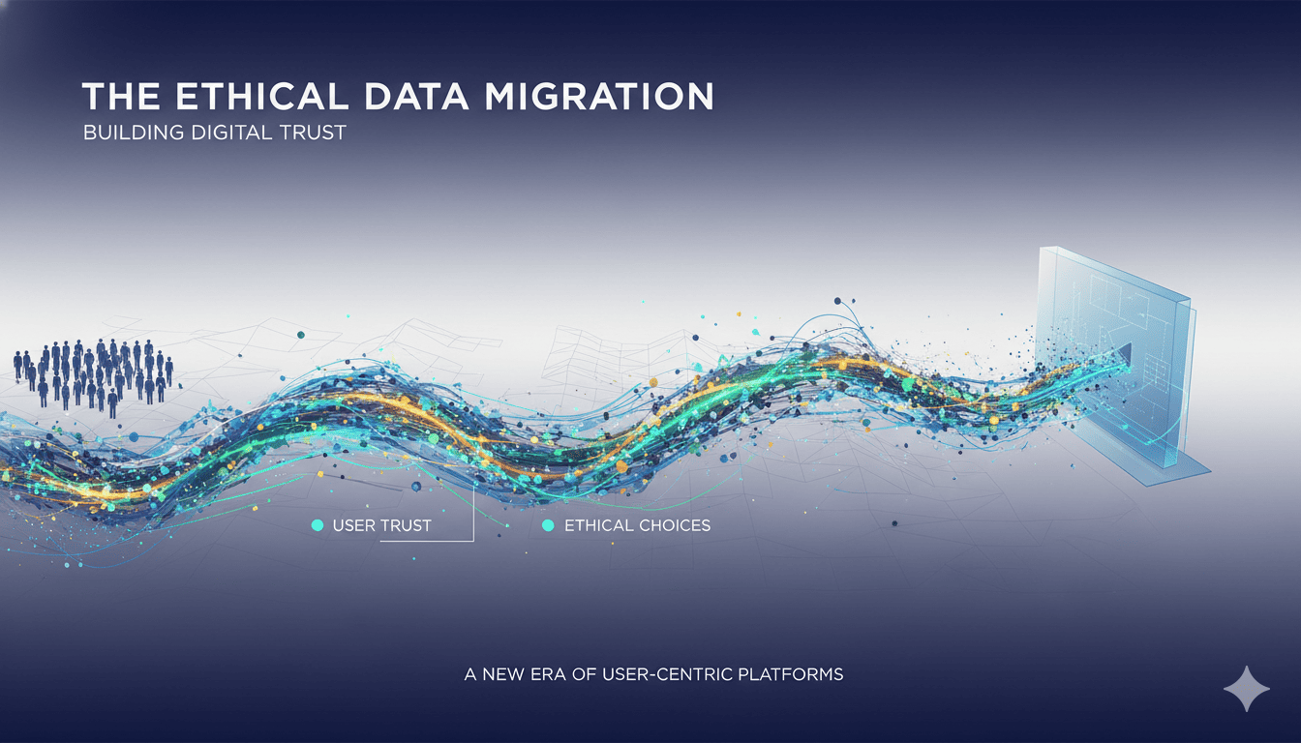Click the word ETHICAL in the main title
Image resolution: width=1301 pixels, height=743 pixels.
262,97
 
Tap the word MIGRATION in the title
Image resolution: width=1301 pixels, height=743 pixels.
599,97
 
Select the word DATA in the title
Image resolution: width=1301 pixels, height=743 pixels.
416,97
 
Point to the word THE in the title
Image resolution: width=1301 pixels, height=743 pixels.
121,97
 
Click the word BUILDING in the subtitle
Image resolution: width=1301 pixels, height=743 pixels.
134,133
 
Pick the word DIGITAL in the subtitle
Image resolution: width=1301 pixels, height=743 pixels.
231,133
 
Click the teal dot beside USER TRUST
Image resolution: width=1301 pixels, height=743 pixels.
318,525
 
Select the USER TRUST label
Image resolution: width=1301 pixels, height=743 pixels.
381,526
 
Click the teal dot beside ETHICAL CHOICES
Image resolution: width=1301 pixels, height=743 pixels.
548,525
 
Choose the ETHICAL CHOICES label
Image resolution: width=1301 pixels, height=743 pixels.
637,526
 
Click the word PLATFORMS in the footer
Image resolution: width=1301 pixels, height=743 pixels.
791,674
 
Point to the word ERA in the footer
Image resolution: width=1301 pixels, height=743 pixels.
548,674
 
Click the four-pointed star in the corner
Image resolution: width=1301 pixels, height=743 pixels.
1247,689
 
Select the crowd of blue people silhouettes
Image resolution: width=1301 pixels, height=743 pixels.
93,377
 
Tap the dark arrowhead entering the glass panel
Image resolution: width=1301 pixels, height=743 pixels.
1125,354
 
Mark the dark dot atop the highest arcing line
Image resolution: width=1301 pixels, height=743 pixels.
837,301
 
